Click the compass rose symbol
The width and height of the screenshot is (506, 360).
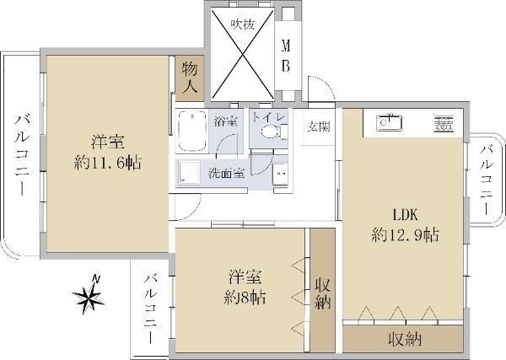pyautogui.click(x=88, y=295)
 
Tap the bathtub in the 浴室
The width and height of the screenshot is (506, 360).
pyautogui.click(x=192, y=131)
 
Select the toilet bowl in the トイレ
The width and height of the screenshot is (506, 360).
pyautogui.click(x=270, y=132)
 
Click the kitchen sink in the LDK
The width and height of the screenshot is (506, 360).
pyautogui.click(x=389, y=122)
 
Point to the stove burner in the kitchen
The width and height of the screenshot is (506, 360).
pyautogui.click(x=444, y=123)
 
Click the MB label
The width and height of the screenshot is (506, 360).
pyautogui.click(x=286, y=56)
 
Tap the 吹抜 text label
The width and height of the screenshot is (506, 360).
pyautogui.click(x=243, y=24)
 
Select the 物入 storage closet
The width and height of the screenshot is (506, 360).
pyautogui.click(x=190, y=78)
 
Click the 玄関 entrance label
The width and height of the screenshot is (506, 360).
pyautogui.click(x=319, y=126)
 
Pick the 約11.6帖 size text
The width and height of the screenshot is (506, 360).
pyautogui.click(x=107, y=163)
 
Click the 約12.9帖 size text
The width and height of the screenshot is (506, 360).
pyautogui.click(x=405, y=235)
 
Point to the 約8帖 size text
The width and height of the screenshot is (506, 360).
pyautogui.click(x=245, y=298)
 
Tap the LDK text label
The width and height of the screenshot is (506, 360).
pyautogui.click(x=405, y=215)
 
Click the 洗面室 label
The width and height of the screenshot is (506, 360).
pyautogui.click(x=226, y=174)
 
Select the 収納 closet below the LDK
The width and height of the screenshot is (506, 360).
pyautogui.click(x=403, y=339)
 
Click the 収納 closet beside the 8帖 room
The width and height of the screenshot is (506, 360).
pyautogui.click(x=323, y=290)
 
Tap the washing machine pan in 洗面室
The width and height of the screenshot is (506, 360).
pyautogui.click(x=189, y=173)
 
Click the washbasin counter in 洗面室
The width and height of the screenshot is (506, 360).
pyautogui.click(x=280, y=175)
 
